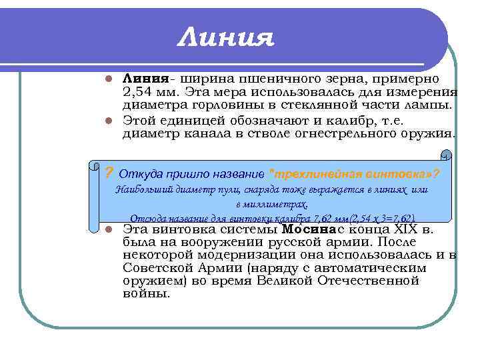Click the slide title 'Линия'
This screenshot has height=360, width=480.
[x=226, y=37]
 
